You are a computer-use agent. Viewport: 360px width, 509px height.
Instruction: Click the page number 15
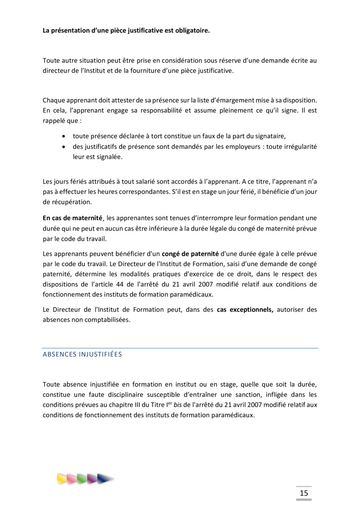coord(304,492)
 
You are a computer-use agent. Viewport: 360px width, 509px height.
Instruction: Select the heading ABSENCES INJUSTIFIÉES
coord(82,354)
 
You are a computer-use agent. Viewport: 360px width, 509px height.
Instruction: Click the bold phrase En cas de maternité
coord(73,218)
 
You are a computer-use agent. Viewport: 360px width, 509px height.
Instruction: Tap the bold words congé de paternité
coord(190,254)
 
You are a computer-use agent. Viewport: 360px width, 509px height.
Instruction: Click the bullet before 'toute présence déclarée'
coord(64,136)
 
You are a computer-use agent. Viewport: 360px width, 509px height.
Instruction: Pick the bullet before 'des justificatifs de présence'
coord(64,146)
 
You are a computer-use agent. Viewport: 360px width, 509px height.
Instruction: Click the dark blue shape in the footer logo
coord(104,479)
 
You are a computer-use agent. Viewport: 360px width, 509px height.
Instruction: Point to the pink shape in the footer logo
coord(72,479)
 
